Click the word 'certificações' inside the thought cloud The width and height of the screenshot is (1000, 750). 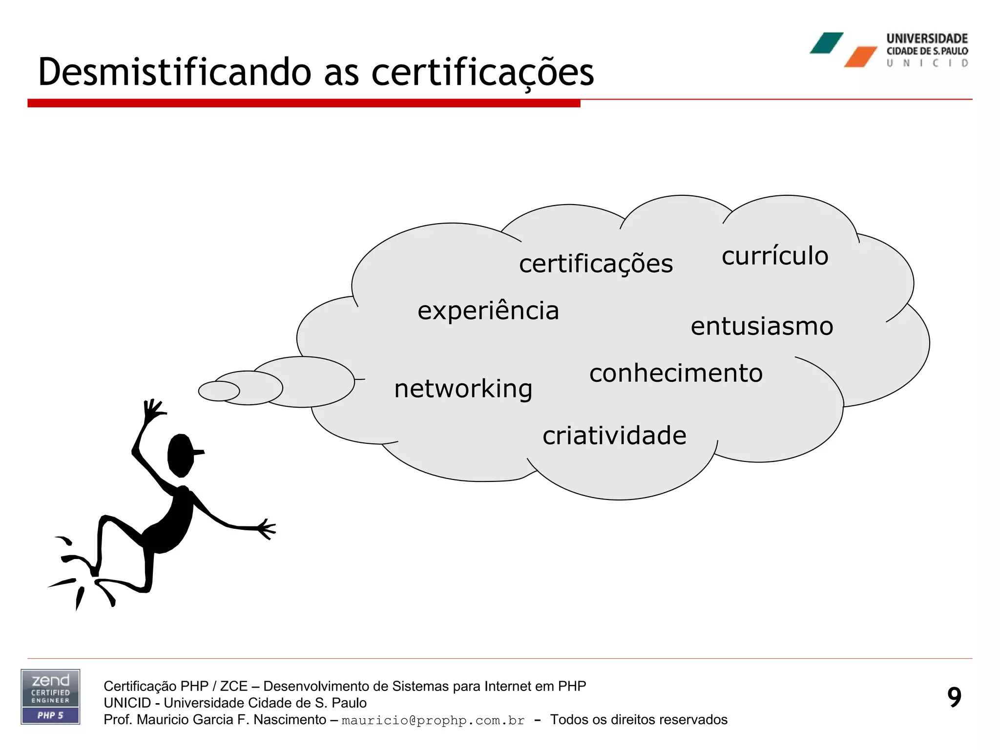coord(596,264)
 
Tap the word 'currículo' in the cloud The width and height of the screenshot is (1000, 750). coord(775,256)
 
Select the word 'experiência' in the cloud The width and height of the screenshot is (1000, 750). coord(488,311)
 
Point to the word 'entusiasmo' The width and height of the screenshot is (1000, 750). coord(762,326)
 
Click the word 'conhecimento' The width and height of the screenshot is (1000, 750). coord(676,373)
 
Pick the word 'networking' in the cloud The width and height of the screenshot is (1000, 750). coord(463,389)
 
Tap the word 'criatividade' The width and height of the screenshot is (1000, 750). coord(614,435)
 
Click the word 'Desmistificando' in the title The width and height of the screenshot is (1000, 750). coord(174,72)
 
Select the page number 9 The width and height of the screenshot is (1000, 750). coord(954,697)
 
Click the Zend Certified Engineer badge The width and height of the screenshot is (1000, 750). coord(50,696)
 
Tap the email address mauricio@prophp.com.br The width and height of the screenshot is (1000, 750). coord(433,721)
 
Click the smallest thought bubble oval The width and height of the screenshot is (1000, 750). coord(219,391)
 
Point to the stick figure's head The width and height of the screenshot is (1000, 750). coord(181,456)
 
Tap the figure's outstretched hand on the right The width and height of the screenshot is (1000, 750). coord(266,529)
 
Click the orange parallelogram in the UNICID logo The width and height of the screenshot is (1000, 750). coord(860,57)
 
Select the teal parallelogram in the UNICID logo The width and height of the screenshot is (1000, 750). coord(826,43)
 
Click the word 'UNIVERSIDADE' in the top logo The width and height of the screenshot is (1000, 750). coord(927,39)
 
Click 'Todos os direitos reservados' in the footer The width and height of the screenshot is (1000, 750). coord(639,720)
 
